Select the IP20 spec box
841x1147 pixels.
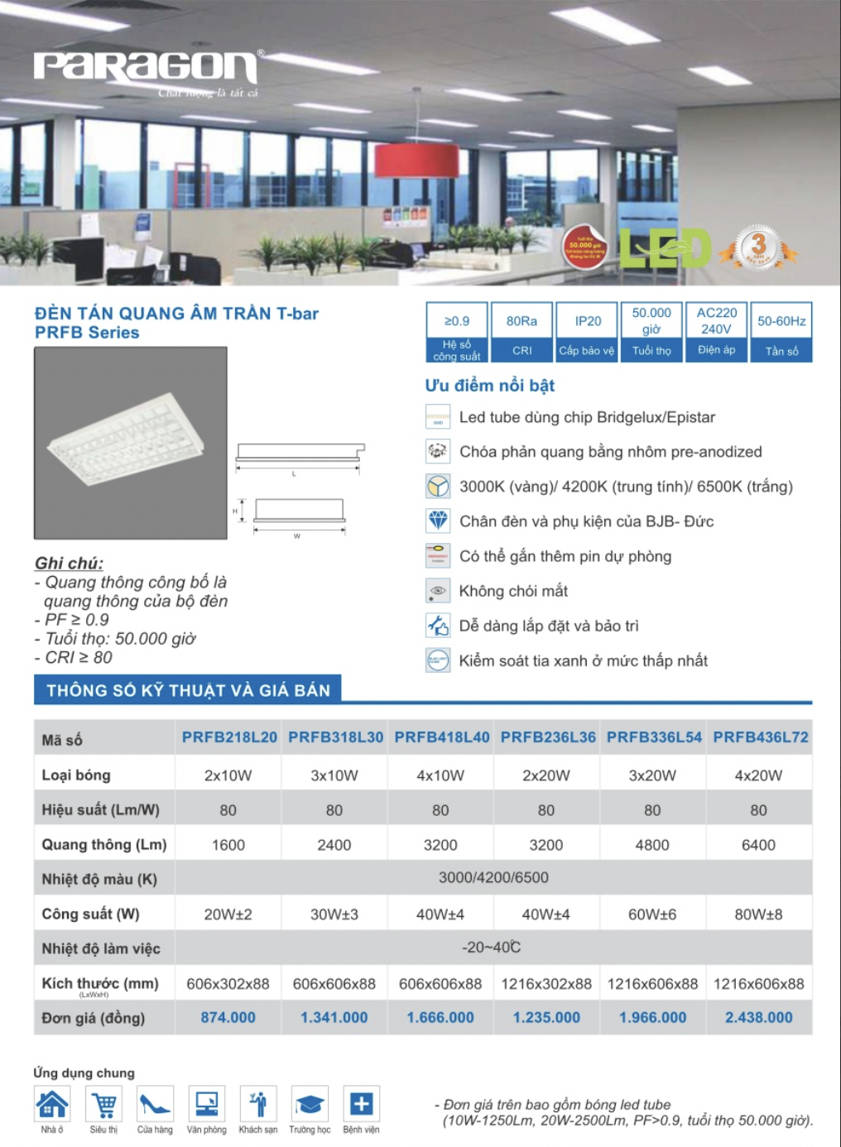point(587,332)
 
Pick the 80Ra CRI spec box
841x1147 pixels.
point(521,332)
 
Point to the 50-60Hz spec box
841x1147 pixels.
point(781,332)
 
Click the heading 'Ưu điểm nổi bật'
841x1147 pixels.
point(489,386)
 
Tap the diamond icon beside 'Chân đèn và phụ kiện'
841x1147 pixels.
point(438,521)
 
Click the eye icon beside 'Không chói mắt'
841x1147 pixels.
point(438,590)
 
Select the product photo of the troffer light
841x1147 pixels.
point(130,443)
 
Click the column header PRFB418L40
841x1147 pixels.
point(441,737)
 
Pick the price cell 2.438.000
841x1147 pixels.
point(758,1018)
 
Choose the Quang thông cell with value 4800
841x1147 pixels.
point(652,845)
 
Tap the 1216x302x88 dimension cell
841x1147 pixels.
point(546,984)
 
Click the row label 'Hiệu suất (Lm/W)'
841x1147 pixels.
point(101,810)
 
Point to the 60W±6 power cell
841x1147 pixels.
point(652,914)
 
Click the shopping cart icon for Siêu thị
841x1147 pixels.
point(104,1104)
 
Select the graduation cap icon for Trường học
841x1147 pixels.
point(310,1104)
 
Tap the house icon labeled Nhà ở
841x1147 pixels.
point(52,1104)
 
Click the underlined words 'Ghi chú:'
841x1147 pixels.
point(69,564)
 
